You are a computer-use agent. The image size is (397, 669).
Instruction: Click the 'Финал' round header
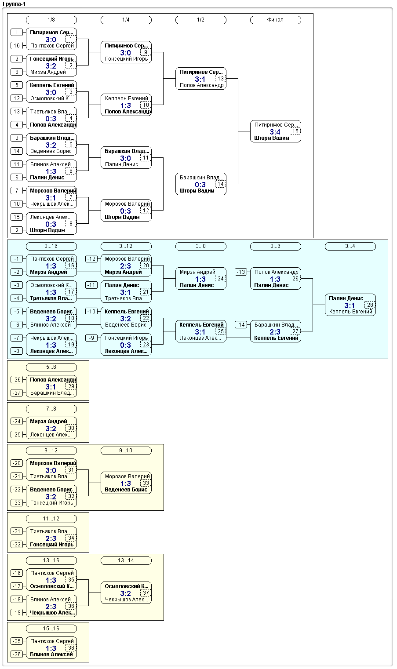coord(275,20)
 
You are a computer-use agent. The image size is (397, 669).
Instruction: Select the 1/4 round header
coord(126,20)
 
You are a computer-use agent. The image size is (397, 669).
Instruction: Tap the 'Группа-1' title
coord(14,4)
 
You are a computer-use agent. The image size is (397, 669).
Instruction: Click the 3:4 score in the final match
coord(275,132)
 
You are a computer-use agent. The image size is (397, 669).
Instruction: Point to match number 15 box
coord(295,131)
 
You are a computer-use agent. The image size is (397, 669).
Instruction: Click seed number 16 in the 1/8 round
coord(17,46)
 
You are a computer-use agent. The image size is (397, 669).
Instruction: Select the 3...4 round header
coord(350,247)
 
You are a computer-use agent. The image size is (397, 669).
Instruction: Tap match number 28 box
coord(370,305)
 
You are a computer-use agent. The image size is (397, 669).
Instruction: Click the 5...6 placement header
coord(51,367)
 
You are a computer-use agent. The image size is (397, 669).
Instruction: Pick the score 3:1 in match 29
coord(51,387)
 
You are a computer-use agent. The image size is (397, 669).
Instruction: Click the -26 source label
coord(17,380)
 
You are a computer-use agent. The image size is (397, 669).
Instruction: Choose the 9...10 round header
coord(126,451)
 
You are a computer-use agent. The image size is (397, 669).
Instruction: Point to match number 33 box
coord(146,483)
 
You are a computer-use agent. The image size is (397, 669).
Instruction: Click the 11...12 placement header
coord(51,519)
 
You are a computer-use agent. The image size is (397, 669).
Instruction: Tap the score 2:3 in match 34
coord(51,538)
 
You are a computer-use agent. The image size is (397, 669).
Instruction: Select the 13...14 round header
coord(126,560)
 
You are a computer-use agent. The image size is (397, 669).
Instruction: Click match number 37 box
coord(146,593)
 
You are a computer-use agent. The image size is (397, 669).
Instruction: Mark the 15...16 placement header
coord(51,629)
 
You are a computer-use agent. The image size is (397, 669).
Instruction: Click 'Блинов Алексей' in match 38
coord(51,654)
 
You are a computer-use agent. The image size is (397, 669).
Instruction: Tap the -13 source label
coord(241,272)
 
